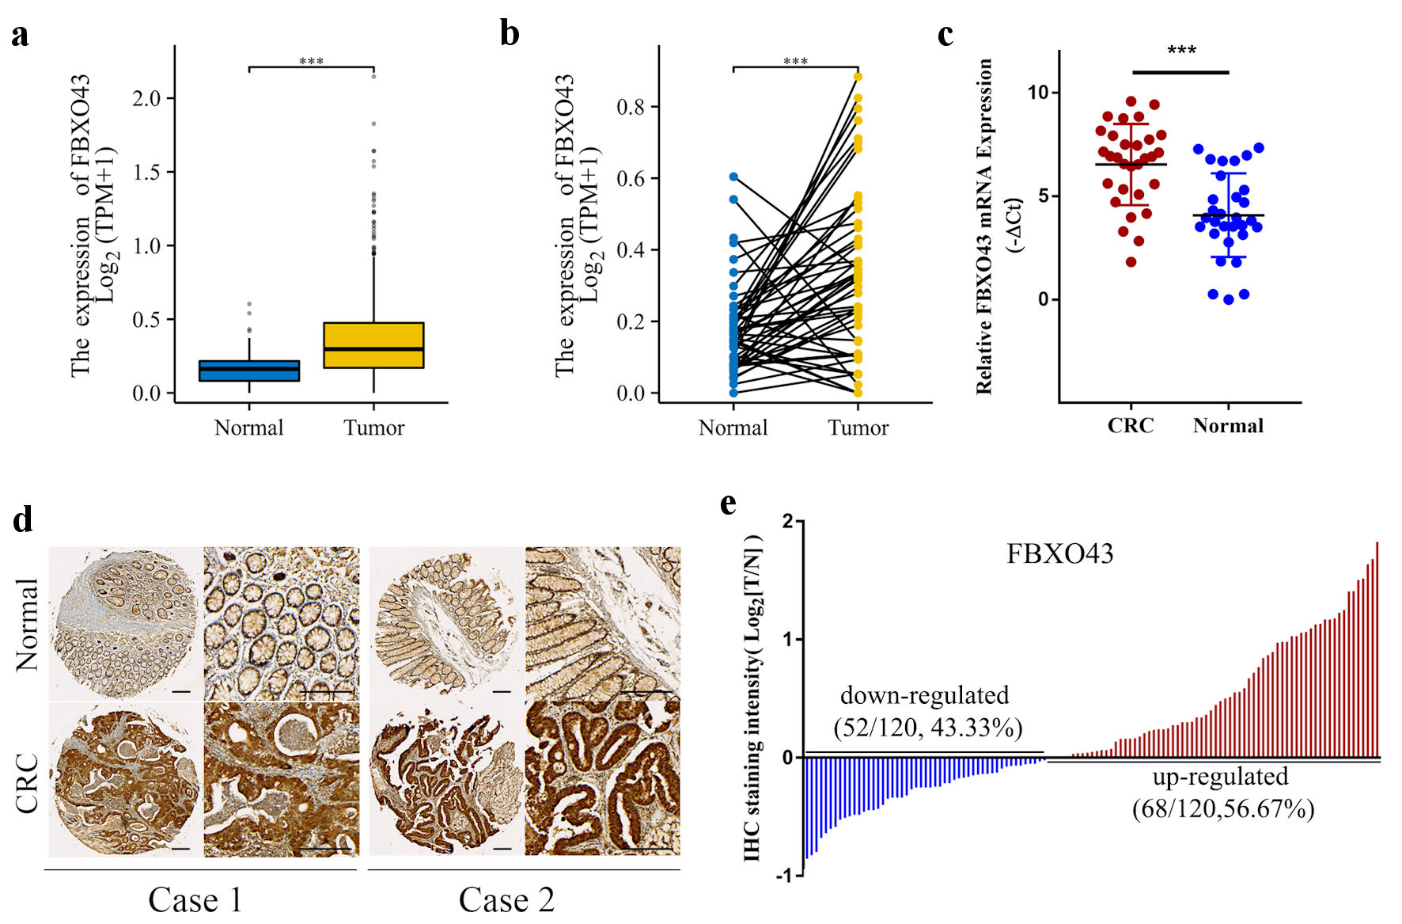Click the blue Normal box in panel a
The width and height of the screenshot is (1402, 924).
[249, 371]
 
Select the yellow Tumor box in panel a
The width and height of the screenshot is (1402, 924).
[373, 345]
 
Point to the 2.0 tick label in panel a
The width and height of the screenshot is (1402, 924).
[146, 98]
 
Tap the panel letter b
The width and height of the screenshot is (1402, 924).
[510, 34]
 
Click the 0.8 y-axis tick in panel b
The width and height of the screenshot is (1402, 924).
[631, 107]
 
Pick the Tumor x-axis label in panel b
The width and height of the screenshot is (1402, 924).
[858, 428]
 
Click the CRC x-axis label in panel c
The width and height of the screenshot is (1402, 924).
[1130, 426]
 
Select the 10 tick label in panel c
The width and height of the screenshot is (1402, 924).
[1037, 93]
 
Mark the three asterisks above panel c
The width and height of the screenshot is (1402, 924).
[1181, 51]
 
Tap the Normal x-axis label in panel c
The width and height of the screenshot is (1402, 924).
[1228, 426]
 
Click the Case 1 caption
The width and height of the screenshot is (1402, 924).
[195, 900]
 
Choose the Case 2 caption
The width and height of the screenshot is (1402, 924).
[506, 900]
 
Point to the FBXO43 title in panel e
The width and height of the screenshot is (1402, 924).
[1059, 553]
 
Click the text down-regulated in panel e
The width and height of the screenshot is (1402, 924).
[924, 695]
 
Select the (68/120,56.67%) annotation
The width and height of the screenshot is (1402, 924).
[1223, 809]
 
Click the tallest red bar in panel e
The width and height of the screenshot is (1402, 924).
[1377, 649]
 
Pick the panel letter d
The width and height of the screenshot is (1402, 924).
[23, 520]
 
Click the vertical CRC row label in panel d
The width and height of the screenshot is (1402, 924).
[27, 782]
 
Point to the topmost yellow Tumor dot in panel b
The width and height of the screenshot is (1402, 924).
[858, 77]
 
